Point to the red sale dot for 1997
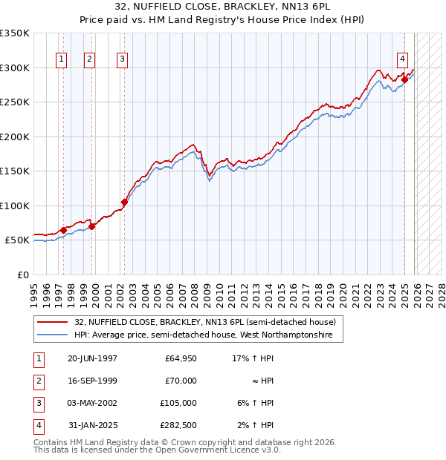click(63, 230)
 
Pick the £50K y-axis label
click(17, 240)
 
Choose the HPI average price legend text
click(208, 335)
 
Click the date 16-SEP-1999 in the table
click(92, 381)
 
